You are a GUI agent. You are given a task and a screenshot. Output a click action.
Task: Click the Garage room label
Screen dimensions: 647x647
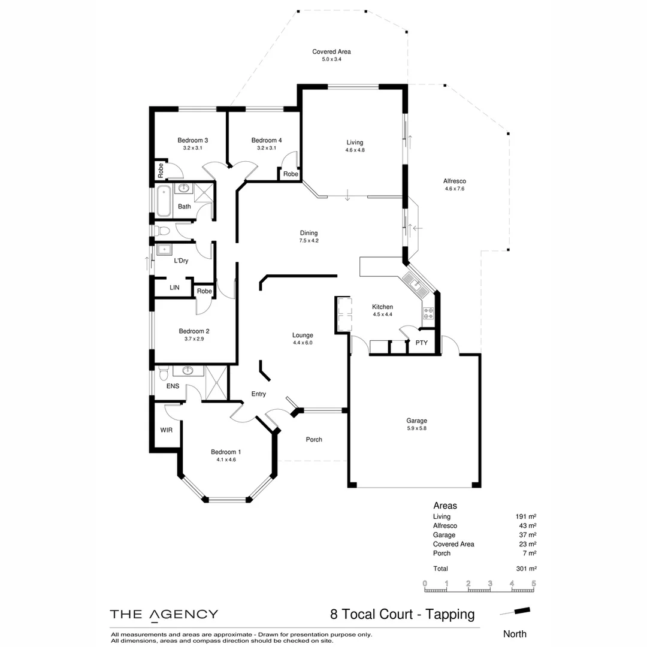[x=416, y=421]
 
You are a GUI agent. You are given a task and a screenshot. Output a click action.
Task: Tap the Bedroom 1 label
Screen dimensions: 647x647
[x=226, y=452]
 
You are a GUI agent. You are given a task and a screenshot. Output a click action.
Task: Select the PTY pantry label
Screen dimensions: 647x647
[x=421, y=343]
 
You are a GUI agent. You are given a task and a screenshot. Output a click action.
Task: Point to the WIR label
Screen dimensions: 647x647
[x=166, y=430]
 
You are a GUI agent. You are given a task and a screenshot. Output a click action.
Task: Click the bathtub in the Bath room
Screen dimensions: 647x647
[x=164, y=201]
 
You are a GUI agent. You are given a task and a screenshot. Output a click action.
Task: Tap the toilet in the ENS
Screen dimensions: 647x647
[x=163, y=376]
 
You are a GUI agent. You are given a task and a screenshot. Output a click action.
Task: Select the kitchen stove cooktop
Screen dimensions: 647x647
[x=428, y=313]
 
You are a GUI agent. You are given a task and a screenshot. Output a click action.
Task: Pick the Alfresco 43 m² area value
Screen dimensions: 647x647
[x=527, y=525]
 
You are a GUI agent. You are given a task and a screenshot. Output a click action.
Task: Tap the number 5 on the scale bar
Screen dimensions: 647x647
[x=533, y=583]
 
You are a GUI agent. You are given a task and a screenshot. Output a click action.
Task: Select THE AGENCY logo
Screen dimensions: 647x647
[x=164, y=614]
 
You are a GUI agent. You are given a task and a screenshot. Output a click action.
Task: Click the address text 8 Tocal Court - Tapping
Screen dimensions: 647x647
[x=402, y=614]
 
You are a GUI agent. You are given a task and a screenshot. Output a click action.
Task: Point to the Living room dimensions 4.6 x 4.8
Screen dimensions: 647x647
[x=355, y=150]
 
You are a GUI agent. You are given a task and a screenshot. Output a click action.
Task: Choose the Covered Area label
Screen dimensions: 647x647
[x=331, y=52]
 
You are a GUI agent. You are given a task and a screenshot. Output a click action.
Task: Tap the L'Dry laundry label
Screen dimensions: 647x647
[x=181, y=261]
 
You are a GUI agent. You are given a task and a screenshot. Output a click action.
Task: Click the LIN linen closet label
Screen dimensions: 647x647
[x=174, y=288]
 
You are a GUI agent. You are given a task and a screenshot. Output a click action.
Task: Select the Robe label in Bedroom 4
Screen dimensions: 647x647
[x=291, y=174]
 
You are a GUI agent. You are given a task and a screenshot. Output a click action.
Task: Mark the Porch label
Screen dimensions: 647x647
[x=314, y=439]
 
